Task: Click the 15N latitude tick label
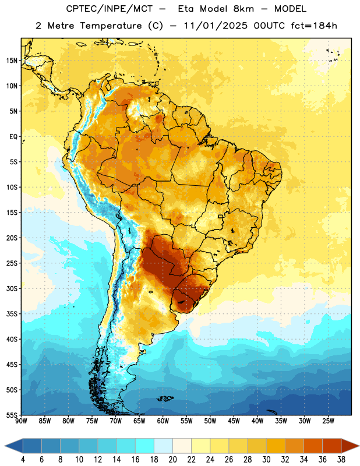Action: click(x=12, y=61)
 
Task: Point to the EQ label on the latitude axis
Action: click(x=13, y=137)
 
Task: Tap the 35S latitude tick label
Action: click(x=12, y=314)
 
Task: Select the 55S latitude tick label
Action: click(x=12, y=415)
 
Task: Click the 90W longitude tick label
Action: click(x=21, y=421)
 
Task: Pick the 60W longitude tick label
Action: click(x=163, y=421)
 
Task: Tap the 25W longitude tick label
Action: click(x=328, y=421)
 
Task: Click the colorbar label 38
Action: click(x=341, y=460)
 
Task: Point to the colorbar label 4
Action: click(x=23, y=460)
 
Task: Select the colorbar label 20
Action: click(x=172, y=460)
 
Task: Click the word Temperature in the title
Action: click(x=111, y=26)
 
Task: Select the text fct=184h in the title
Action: click(x=314, y=26)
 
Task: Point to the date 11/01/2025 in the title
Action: click(x=216, y=26)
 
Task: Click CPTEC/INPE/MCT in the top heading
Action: click(x=109, y=9)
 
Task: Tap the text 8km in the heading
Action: click(x=243, y=9)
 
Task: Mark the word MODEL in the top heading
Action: click(x=290, y=9)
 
